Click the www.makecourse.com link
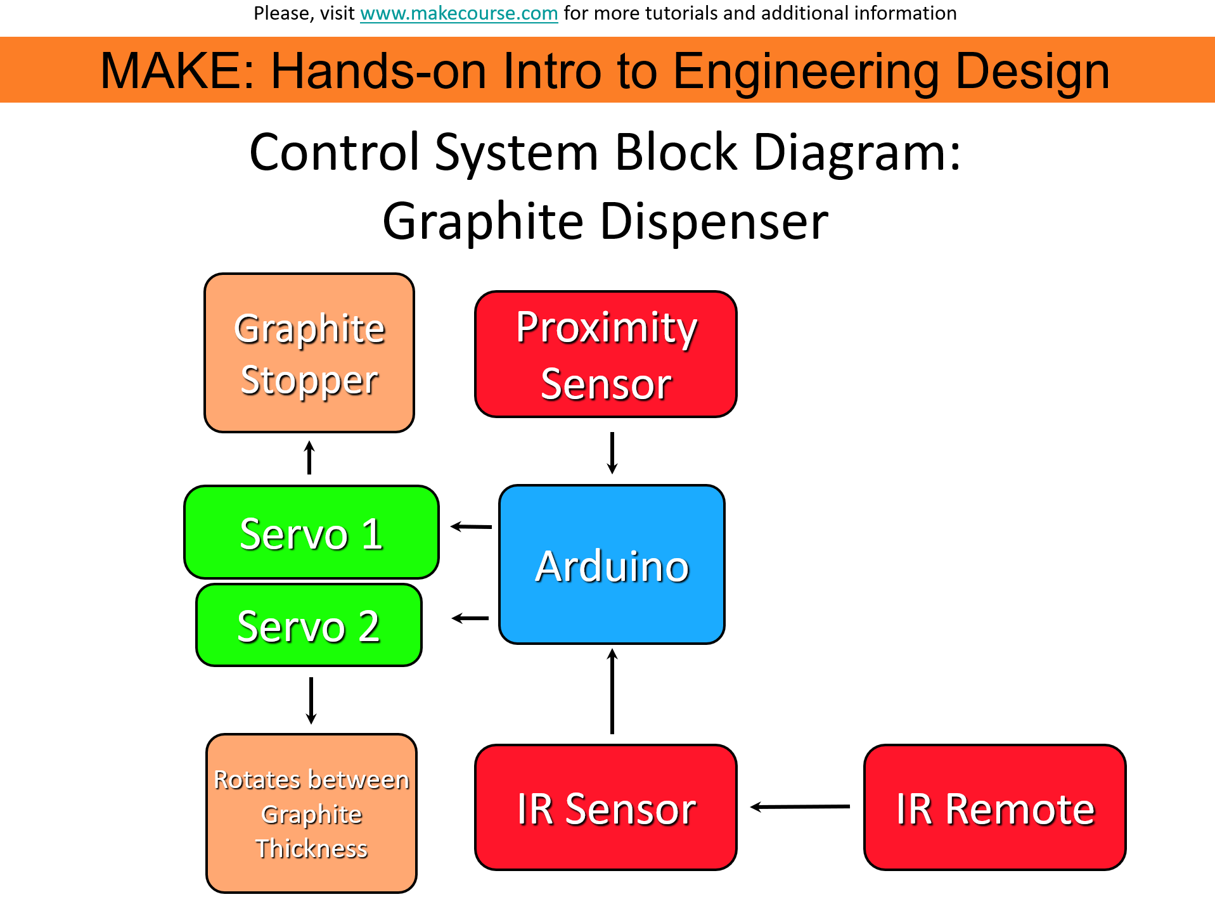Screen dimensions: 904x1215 458,13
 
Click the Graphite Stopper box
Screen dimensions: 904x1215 309,353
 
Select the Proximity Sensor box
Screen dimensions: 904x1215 606,354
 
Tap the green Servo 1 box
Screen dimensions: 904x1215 311,533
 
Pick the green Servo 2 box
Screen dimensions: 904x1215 309,625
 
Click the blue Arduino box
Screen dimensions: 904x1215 612,565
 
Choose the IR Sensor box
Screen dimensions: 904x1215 606,808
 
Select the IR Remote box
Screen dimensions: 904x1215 994,808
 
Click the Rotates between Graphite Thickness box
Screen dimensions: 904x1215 311,813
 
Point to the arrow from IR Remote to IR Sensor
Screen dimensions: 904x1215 800,807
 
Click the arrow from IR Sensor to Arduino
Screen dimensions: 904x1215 612,691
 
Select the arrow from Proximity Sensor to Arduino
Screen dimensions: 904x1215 612,453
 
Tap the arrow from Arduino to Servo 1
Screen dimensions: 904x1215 471,526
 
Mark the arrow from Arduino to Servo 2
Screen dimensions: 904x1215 470,618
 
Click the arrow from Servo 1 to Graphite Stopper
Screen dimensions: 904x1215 309,457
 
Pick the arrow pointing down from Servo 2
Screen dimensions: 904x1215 311,701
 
